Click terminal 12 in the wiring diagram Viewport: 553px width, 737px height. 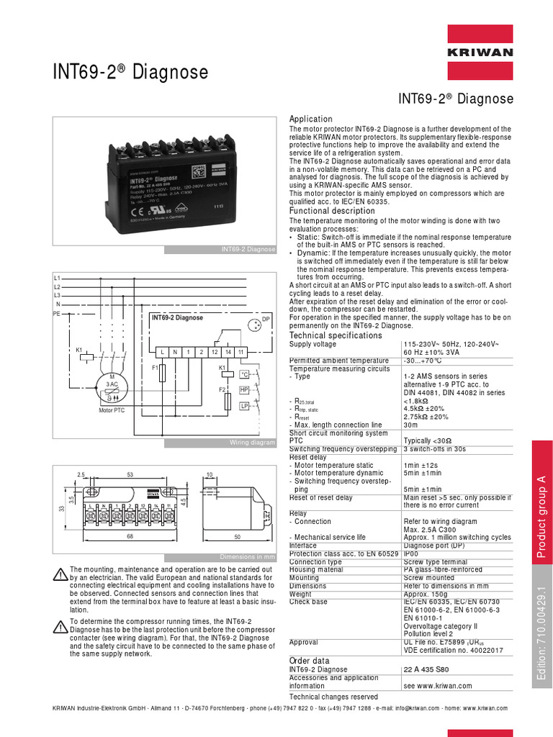[214, 351]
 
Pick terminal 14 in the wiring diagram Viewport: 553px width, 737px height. [228, 351]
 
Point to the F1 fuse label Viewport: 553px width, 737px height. [154, 368]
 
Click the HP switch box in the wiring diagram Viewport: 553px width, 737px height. [244, 389]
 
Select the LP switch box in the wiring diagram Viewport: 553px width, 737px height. [244, 407]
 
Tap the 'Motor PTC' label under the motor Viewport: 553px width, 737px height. [112, 410]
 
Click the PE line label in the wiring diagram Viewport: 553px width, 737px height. [56, 315]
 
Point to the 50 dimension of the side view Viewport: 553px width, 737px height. [237, 538]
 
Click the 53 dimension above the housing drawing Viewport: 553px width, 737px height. [130, 475]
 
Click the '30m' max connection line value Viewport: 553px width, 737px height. [410, 425]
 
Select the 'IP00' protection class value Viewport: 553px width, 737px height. [412, 553]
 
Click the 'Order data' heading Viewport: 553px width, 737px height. [309, 661]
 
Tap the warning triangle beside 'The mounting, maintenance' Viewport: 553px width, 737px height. [60, 574]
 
